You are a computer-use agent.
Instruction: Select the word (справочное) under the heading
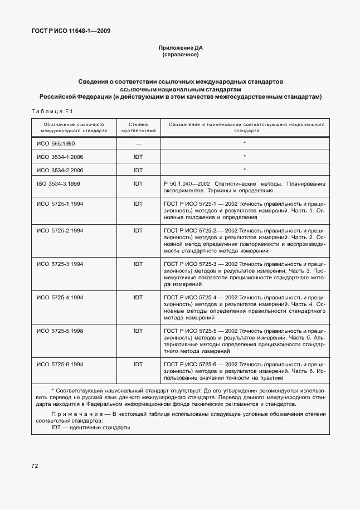(x=180, y=56)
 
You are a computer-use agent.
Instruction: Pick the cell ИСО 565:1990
(x=56, y=143)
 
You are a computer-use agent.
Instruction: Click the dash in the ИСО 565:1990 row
(x=138, y=143)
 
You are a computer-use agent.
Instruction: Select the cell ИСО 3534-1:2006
(x=60, y=157)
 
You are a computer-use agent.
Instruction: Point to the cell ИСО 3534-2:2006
(x=60, y=170)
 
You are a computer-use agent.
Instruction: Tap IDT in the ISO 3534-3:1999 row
(x=138, y=183)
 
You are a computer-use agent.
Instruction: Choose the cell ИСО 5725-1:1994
(x=60, y=203)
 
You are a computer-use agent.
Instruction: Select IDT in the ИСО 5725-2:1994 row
(x=138, y=230)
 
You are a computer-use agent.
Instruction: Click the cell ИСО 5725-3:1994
(x=60, y=263)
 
